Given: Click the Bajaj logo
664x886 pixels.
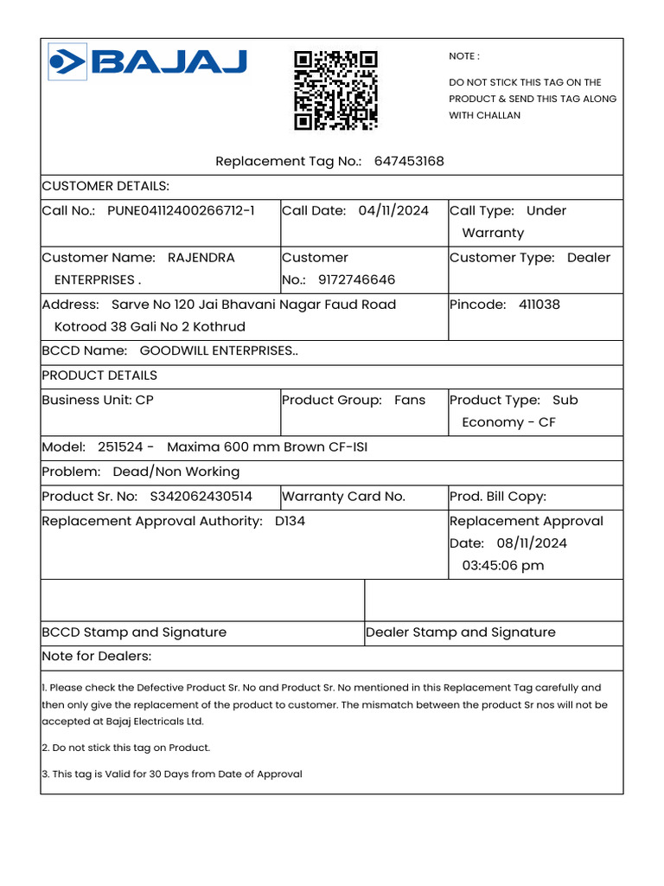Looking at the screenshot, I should point(148,61).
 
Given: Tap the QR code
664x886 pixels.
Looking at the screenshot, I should point(335,90).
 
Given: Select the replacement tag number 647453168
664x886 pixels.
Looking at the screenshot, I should point(409,162).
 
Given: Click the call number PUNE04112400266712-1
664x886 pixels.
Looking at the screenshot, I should point(181,211).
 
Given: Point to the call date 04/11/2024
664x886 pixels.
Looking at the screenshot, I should point(393,211).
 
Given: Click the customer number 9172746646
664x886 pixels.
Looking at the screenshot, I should point(356,280).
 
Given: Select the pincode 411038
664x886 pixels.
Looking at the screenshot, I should point(539,305).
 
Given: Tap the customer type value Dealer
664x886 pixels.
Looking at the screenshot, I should point(589,258).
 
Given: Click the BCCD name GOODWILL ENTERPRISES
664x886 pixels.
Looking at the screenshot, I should point(219,351).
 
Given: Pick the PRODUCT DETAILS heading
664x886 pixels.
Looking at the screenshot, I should point(99,376).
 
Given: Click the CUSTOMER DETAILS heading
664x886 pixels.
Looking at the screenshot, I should point(105,187).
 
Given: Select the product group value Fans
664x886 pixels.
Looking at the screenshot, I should point(410,401).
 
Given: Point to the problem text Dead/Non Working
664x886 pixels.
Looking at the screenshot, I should point(176,472).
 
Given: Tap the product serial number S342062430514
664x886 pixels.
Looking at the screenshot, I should point(201,497).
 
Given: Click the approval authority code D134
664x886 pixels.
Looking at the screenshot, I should point(290,522).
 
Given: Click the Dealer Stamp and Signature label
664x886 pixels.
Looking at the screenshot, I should point(461,632).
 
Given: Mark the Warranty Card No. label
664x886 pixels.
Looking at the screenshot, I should point(344,497).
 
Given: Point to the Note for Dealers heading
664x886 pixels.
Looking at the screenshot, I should point(96,657).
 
